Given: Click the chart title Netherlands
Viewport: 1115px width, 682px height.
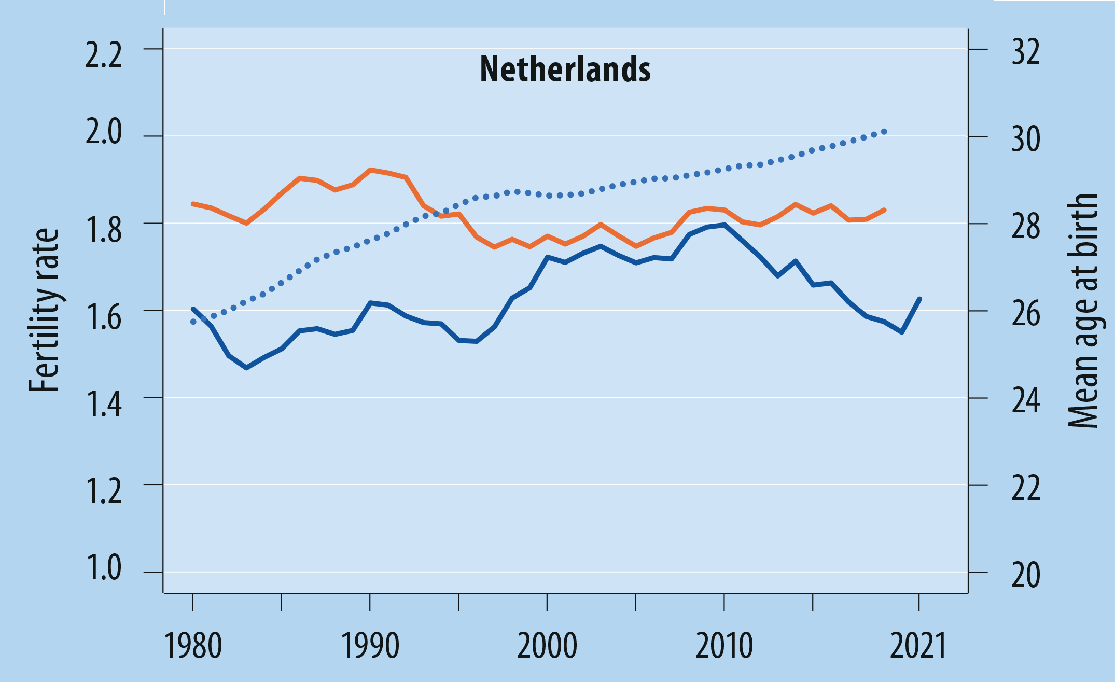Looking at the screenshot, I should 565,69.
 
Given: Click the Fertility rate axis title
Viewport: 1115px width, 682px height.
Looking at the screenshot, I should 45,310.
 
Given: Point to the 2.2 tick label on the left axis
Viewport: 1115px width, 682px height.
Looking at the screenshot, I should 104,55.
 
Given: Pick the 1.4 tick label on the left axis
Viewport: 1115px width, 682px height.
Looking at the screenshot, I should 104,405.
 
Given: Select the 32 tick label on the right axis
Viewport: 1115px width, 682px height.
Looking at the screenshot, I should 1025,52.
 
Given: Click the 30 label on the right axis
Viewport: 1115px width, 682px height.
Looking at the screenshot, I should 1025,139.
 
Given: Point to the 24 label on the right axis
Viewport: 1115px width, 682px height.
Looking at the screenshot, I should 1025,400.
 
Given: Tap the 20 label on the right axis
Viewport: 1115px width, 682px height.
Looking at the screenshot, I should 1025,575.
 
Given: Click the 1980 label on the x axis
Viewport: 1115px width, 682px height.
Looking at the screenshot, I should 193,646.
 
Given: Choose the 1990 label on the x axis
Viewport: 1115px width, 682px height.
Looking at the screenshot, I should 370,646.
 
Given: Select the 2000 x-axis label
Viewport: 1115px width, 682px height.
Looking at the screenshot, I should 547,646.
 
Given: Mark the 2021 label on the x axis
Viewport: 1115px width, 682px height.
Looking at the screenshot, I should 918,646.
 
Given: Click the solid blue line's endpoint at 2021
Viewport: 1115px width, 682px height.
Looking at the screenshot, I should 919,299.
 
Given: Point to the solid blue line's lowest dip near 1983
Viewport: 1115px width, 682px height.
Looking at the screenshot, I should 246,368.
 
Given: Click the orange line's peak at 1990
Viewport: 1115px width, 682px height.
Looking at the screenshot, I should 370,170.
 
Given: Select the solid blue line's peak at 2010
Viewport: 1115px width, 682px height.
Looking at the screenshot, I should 724,225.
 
